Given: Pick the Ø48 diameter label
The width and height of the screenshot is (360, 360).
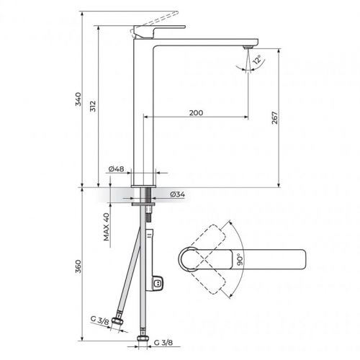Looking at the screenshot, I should tap(117, 169).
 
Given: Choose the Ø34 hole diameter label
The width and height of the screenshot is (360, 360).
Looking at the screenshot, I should tap(179, 194).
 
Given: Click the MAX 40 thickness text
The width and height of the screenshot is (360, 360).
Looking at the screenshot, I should tap(105, 228).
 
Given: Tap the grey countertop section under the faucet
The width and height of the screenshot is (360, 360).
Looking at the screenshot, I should tap(130, 195).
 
